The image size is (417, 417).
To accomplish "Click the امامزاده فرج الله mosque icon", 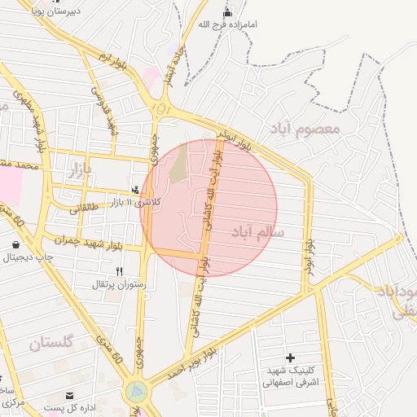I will point(227,13).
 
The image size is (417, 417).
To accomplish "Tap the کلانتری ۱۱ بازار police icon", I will point(135,189).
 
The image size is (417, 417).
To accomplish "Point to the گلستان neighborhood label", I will point(51,342).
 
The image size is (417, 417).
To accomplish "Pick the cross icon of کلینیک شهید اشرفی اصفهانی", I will point(290,358).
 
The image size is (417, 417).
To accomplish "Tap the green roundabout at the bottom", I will point(136,392).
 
